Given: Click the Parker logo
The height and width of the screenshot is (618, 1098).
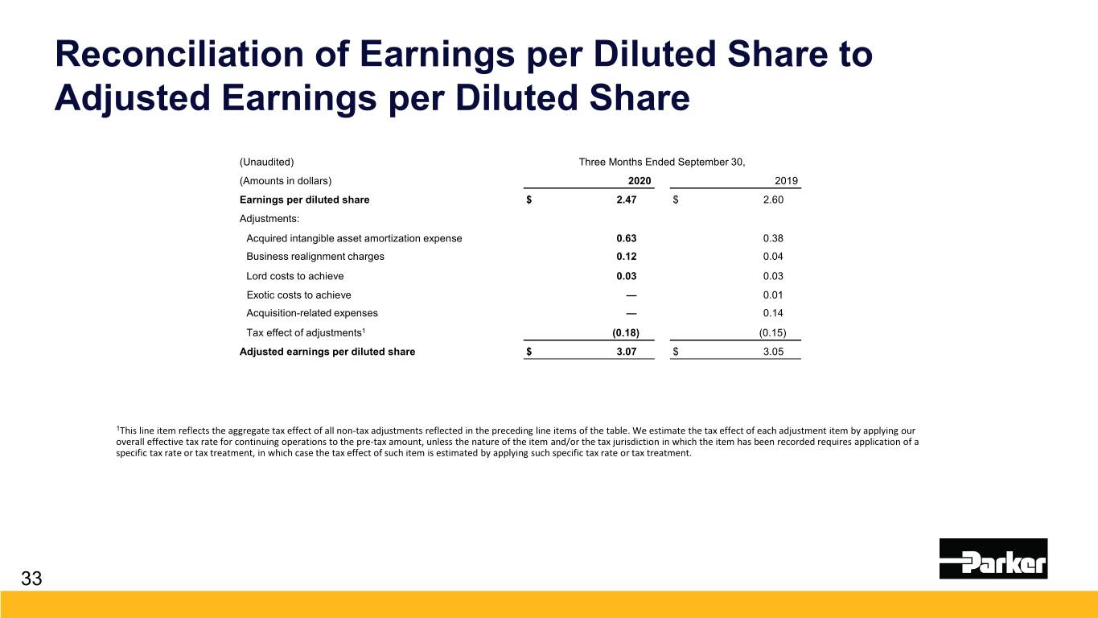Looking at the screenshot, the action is tap(993, 558).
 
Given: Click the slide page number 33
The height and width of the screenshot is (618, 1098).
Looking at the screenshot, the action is tap(31, 579).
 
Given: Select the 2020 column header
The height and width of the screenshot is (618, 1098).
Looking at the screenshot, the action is tap(639, 180).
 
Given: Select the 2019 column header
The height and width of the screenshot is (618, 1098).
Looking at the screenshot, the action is tap(786, 180).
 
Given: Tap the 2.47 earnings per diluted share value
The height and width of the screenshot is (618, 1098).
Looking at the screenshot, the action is tap(627, 200).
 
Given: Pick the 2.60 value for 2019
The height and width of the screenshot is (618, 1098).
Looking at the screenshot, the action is tap(773, 200).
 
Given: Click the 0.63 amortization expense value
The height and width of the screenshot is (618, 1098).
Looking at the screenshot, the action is tap(627, 238).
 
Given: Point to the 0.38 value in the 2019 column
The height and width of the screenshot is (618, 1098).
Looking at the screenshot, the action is tap(773, 238).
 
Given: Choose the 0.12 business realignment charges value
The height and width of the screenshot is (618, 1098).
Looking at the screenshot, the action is tap(627, 257).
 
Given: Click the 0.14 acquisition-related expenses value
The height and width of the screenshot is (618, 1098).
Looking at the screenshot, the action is tap(773, 313).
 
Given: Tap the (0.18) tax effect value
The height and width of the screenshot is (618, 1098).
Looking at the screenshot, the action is tap(626, 332).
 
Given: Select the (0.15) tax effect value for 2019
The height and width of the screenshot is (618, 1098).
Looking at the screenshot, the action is tap(772, 332).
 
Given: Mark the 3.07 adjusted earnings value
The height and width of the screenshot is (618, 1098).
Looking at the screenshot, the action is tap(627, 352).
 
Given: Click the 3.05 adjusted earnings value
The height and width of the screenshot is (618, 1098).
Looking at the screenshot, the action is tap(773, 352).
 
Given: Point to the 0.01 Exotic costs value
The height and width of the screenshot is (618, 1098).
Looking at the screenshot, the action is tap(773, 295).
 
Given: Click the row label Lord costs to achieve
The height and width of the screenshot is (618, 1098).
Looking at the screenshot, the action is tap(294, 276).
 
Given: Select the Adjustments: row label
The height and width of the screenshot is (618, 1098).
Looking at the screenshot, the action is tap(269, 219).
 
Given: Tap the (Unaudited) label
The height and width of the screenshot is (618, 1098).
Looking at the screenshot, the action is tap(267, 162).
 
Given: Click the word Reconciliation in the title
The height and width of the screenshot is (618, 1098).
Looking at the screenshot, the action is tap(179, 54).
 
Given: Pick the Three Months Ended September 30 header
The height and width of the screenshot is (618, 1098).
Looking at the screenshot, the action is tap(662, 162).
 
